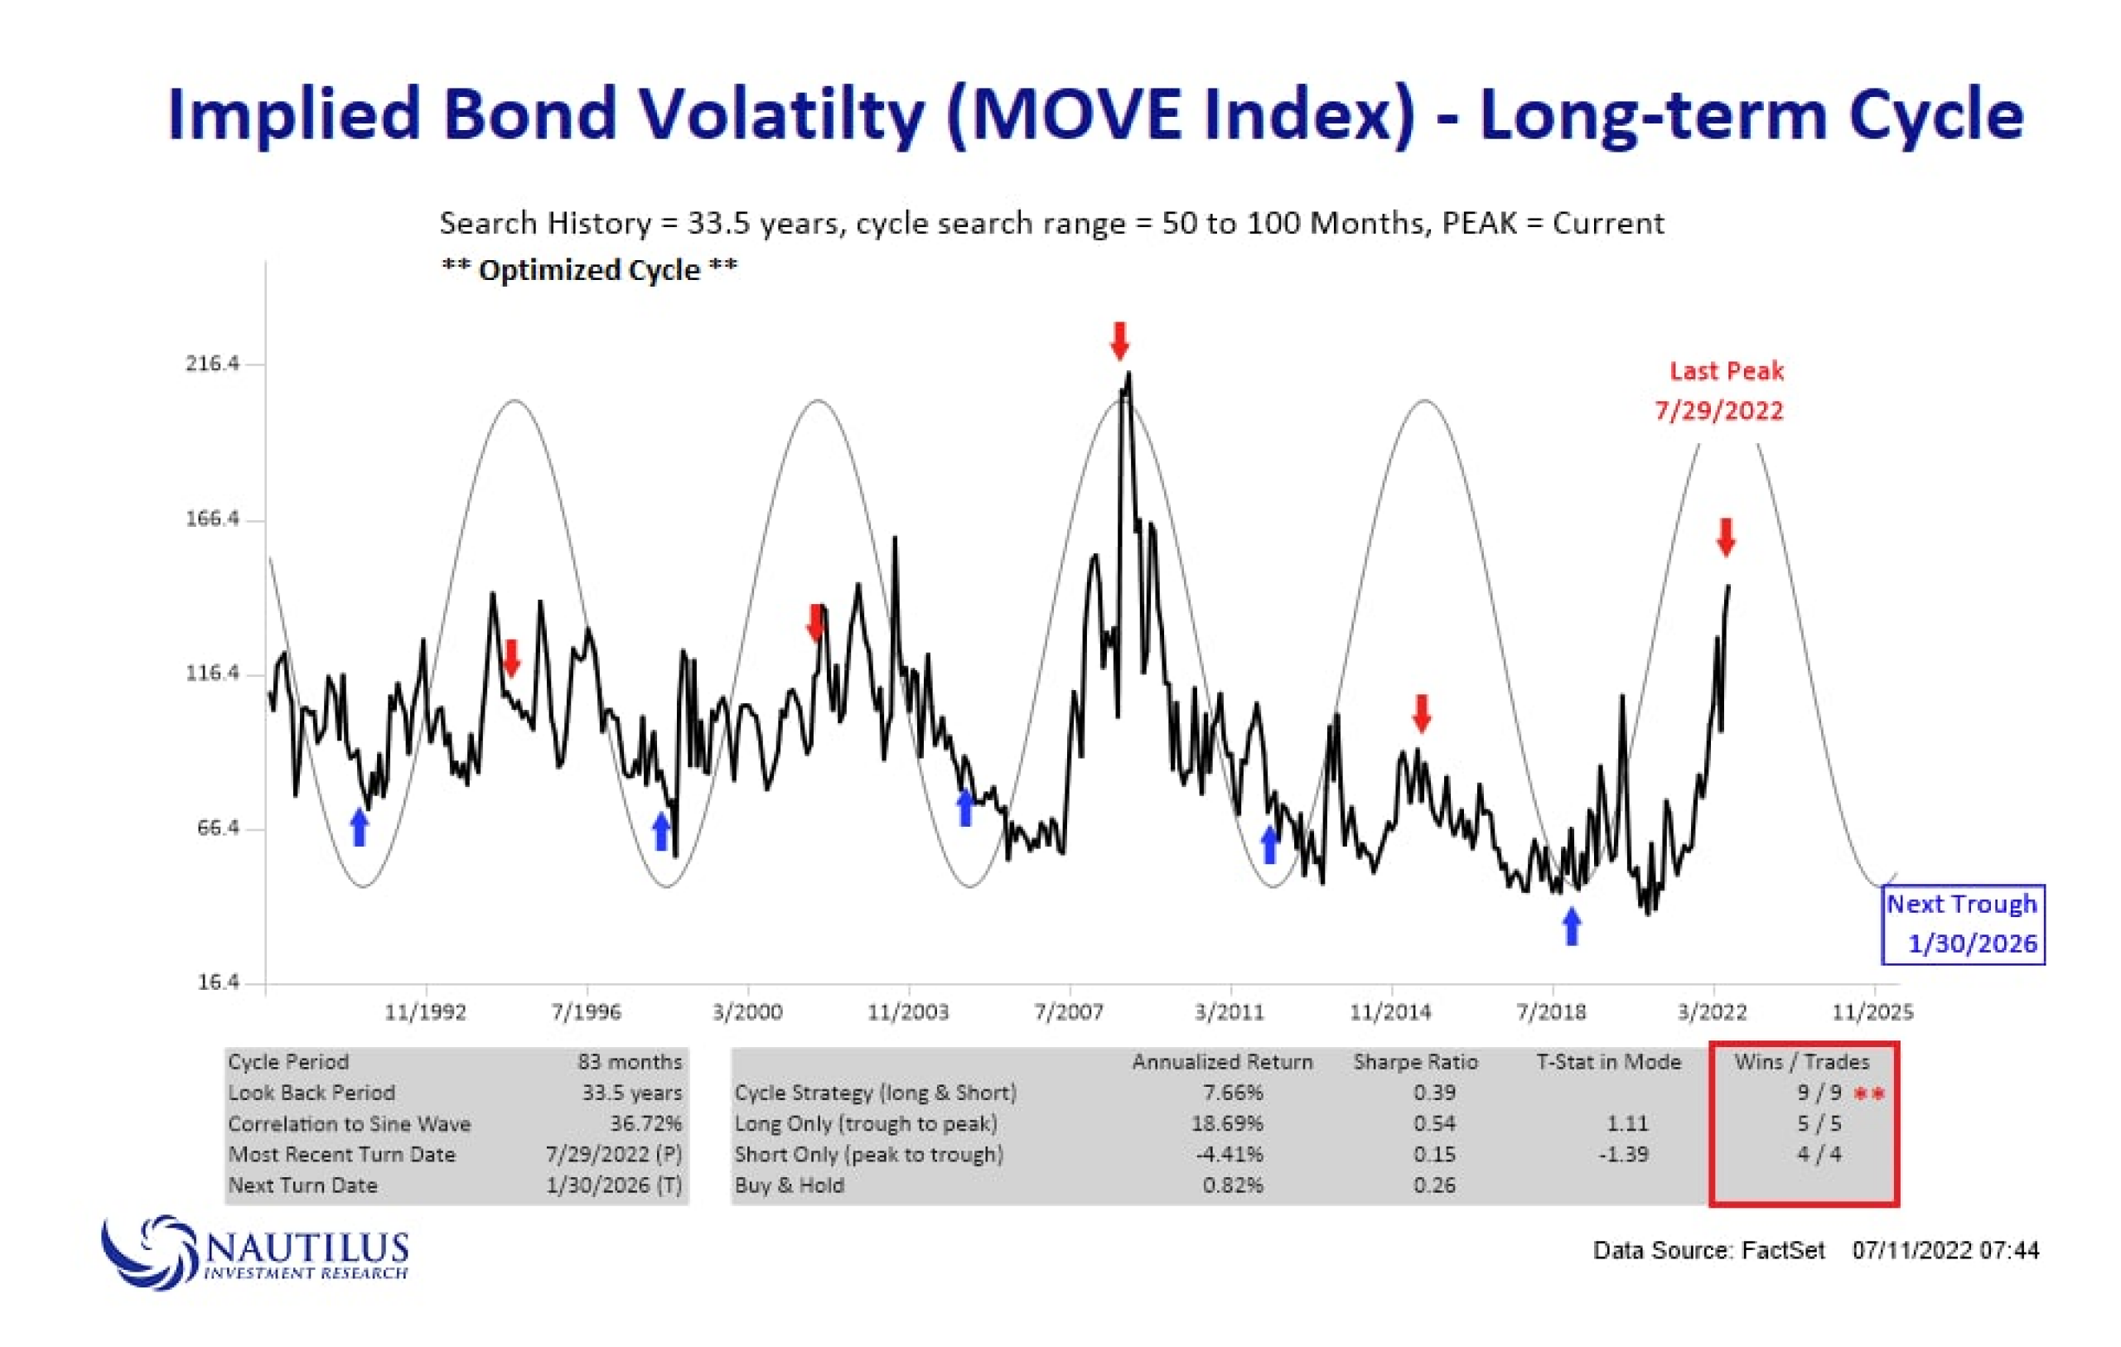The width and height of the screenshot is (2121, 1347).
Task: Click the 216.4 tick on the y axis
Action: (212, 364)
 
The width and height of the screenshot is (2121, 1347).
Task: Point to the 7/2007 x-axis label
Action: (1070, 1011)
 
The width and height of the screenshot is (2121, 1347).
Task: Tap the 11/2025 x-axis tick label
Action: (1872, 1011)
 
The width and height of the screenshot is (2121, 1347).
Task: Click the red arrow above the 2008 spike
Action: (1119, 341)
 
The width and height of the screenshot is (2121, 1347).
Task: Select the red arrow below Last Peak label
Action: (1727, 538)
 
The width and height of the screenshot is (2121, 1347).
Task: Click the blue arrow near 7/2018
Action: (1572, 927)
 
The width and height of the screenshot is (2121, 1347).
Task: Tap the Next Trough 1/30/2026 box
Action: (1963, 925)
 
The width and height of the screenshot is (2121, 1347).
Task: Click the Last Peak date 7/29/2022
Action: (1718, 411)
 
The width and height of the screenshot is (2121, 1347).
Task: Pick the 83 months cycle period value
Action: (630, 1061)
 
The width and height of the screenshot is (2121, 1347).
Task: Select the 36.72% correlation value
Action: (645, 1123)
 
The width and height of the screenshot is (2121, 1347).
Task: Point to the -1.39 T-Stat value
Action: (1622, 1154)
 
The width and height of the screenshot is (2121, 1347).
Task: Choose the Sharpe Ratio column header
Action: (1415, 1061)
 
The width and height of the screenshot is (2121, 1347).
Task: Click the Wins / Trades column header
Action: (1801, 1061)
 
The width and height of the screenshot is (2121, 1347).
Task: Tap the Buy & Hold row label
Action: (790, 1185)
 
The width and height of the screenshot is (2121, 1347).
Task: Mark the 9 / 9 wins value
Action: (1819, 1093)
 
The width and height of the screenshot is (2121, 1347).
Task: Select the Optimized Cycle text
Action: (589, 269)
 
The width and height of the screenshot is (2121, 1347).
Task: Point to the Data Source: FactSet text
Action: (1708, 1250)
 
